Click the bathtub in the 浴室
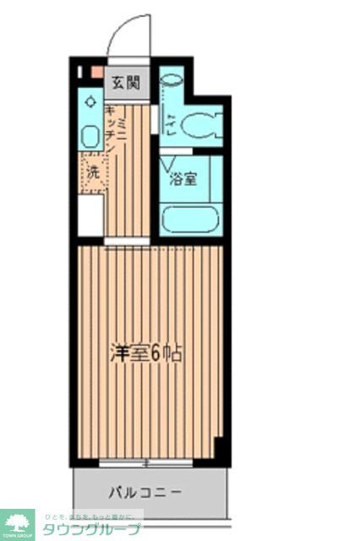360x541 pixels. click(x=190, y=220)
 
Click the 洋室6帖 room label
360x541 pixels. click(x=145, y=353)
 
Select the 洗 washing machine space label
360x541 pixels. click(x=91, y=171)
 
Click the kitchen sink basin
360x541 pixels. click(x=90, y=134)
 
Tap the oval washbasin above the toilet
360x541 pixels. click(x=171, y=81)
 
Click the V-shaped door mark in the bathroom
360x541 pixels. click(x=170, y=161)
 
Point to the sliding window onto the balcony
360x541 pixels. click(x=145, y=462)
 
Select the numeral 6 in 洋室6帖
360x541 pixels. click(x=155, y=353)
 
